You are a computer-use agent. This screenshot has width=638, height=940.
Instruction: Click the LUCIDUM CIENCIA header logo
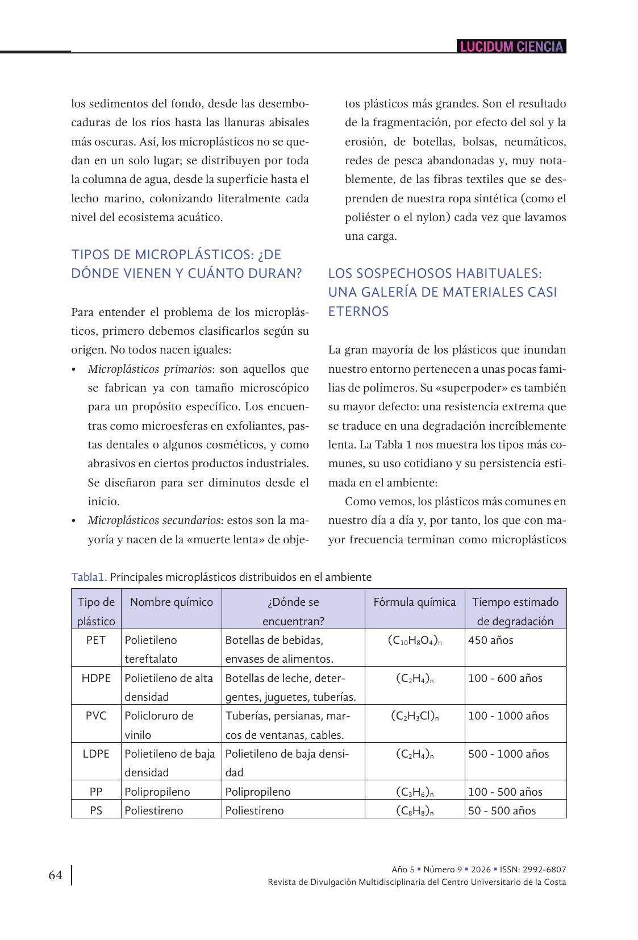(511, 47)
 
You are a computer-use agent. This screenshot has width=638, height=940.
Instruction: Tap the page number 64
(56, 875)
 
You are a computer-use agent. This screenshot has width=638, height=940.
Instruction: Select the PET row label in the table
(96, 640)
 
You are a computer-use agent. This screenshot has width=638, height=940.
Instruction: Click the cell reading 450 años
(490, 640)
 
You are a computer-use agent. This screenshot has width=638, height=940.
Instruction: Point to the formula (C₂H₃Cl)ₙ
(415, 716)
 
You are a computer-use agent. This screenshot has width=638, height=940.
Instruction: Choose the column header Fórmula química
(414, 602)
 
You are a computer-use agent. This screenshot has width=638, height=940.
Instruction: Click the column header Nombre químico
(171, 602)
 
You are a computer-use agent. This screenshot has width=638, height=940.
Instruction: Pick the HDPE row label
(96, 678)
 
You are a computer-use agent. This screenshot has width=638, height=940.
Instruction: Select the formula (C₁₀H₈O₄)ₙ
(415, 640)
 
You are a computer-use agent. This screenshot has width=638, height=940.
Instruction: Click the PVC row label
(96, 716)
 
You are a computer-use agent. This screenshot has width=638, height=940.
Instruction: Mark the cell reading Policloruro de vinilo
(159, 725)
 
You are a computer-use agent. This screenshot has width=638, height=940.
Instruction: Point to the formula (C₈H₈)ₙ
(415, 811)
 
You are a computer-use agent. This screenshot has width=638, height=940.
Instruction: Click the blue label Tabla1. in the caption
(89, 577)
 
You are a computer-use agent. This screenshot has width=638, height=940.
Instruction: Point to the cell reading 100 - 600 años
(505, 678)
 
